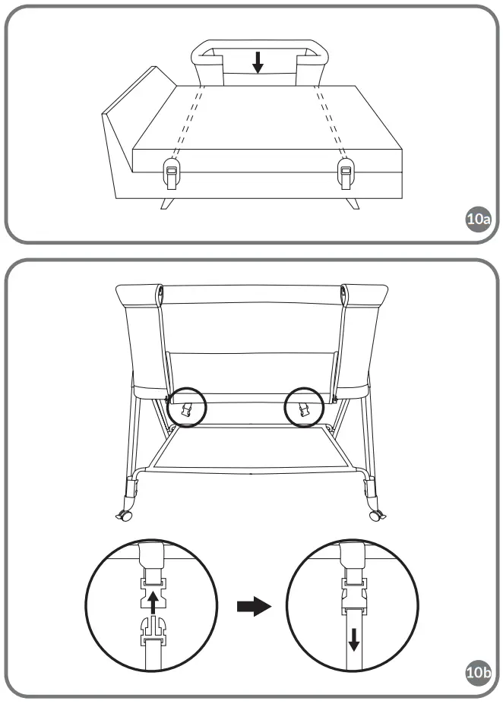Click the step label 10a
point(478,221)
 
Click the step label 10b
point(478,671)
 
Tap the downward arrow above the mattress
point(258,62)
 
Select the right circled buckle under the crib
point(303,411)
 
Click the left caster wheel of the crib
point(123,517)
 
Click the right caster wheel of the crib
point(375,516)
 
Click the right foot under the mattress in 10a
point(354,203)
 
